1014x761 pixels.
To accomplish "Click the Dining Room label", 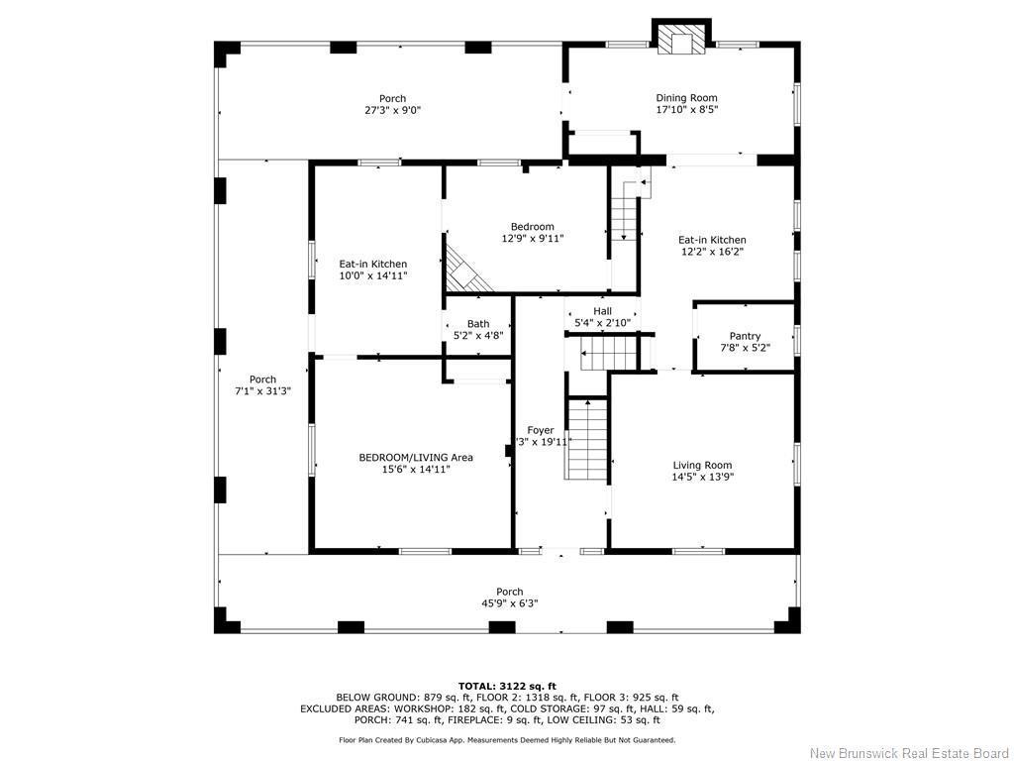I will pyautogui.click(x=686, y=98).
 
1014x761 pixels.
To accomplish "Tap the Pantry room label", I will pyautogui.click(x=745, y=336).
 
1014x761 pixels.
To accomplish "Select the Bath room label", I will pyautogui.click(x=478, y=324).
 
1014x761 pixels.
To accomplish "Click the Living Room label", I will pyautogui.click(x=702, y=465).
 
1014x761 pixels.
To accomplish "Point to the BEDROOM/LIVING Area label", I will pyautogui.click(x=415, y=457).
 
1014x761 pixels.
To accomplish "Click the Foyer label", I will pyautogui.click(x=541, y=430).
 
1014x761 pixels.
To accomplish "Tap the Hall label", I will pyautogui.click(x=602, y=311).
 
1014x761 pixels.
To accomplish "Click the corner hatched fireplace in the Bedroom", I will pyautogui.click(x=465, y=270).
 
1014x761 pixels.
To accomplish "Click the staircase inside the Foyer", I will pyautogui.click(x=586, y=439).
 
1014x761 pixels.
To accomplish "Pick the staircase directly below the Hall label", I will pyautogui.click(x=600, y=351).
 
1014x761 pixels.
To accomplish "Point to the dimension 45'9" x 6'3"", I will pyautogui.click(x=509, y=603).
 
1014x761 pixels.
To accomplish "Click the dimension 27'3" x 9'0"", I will pyautogui.click(x=392, y=110).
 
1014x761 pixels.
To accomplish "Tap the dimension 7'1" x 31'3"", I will pyautogui.click(x=262, y=391).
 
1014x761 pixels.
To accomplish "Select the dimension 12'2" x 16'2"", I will pyautogui.click(x=711, y=252).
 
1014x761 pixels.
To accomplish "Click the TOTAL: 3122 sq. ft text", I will pyautogui.click(x=507, y=686).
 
